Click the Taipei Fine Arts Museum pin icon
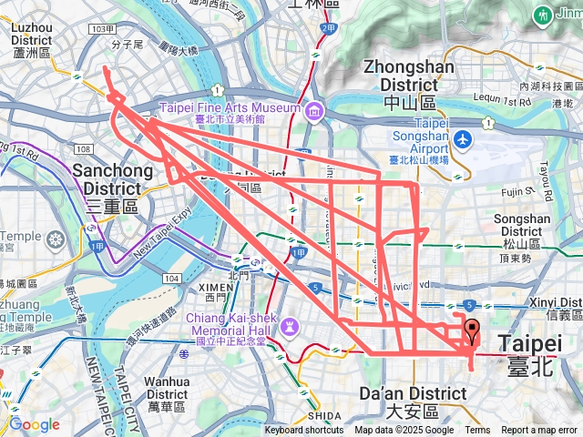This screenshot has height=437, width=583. click(313, 110)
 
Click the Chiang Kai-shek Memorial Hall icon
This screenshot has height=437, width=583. click(291, 325)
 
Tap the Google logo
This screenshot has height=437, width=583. click(34, 424)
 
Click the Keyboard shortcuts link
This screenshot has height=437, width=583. click(304, 431)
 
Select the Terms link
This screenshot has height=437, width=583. click(477, 431)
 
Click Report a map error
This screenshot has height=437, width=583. click(539, 431)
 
